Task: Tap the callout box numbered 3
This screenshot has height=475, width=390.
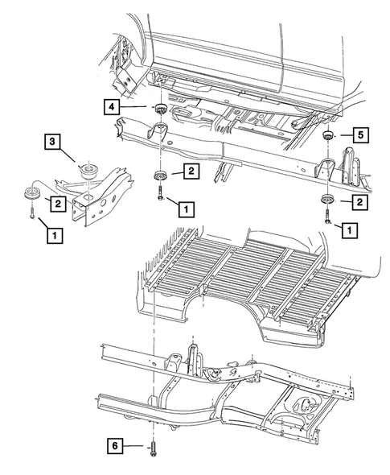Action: [x=52, y=142]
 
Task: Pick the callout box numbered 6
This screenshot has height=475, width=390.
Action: [x=117, y=444]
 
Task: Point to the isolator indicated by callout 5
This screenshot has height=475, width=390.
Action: [x=327, y=136]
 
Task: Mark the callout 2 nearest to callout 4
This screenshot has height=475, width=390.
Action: [x=191, y=171]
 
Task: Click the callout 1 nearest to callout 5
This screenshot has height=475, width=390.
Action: [x=351, y=230]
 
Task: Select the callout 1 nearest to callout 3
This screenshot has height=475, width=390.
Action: [x=53, y=235]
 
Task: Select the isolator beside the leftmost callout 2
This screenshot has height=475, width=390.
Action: [x=31, y=194]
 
